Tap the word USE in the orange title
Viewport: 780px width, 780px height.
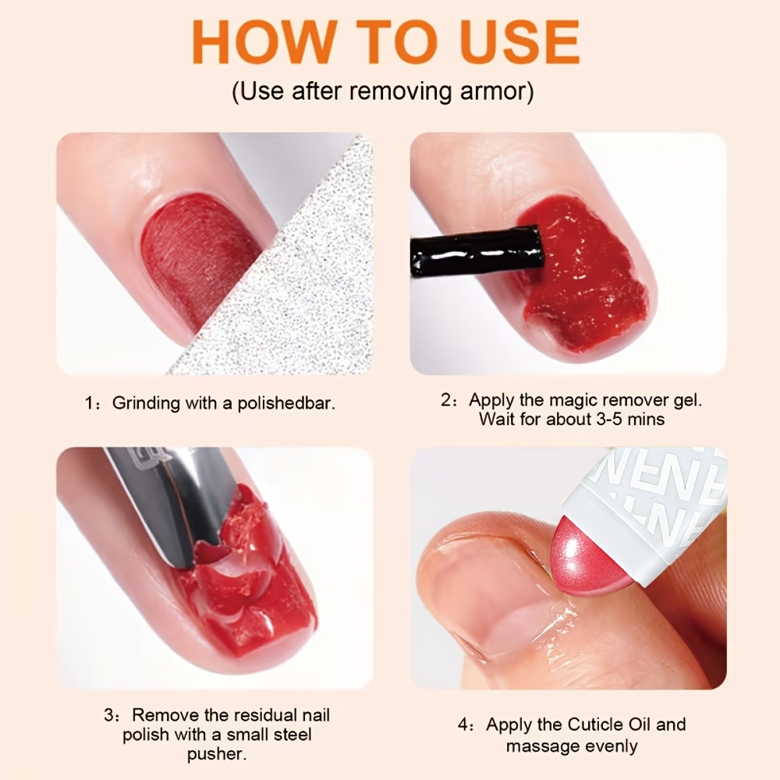click(516, 41)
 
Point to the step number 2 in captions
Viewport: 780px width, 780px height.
click(445, 400)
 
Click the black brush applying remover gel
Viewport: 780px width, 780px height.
click(477, 250)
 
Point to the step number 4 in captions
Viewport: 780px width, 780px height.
click(463, 725)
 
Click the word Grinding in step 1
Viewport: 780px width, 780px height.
click(147, 403)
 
